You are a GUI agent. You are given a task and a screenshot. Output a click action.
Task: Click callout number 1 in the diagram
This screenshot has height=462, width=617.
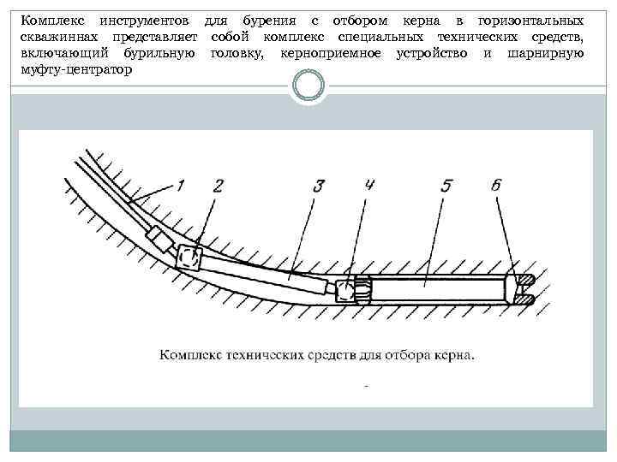coord(182,184)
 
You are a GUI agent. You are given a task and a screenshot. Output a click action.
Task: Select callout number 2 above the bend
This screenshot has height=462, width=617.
coord(219,184)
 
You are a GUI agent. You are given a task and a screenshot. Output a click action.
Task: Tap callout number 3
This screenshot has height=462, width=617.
coord(319,184)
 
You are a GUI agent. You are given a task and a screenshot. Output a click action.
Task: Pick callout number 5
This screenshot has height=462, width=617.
coord(446,184)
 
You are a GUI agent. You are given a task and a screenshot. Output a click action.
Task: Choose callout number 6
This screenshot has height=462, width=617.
coord(498,184)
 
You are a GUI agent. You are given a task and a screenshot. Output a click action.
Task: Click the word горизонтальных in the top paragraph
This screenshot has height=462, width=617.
coord(531,20)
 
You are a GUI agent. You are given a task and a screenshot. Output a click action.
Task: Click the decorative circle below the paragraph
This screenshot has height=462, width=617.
coord(308,86)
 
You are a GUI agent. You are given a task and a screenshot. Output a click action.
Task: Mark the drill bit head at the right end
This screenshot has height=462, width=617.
coord(523,289)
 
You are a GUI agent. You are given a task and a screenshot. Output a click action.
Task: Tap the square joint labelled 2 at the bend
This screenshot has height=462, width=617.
coord(189,256)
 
